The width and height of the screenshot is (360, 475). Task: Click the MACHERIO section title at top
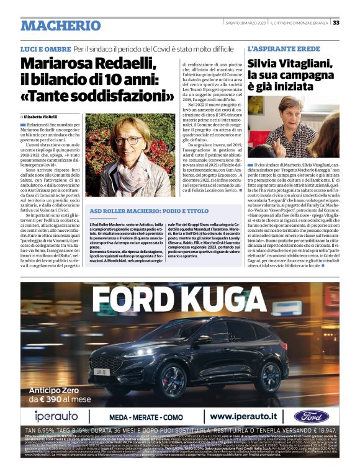60,25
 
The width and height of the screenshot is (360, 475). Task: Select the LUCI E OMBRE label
45,48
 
